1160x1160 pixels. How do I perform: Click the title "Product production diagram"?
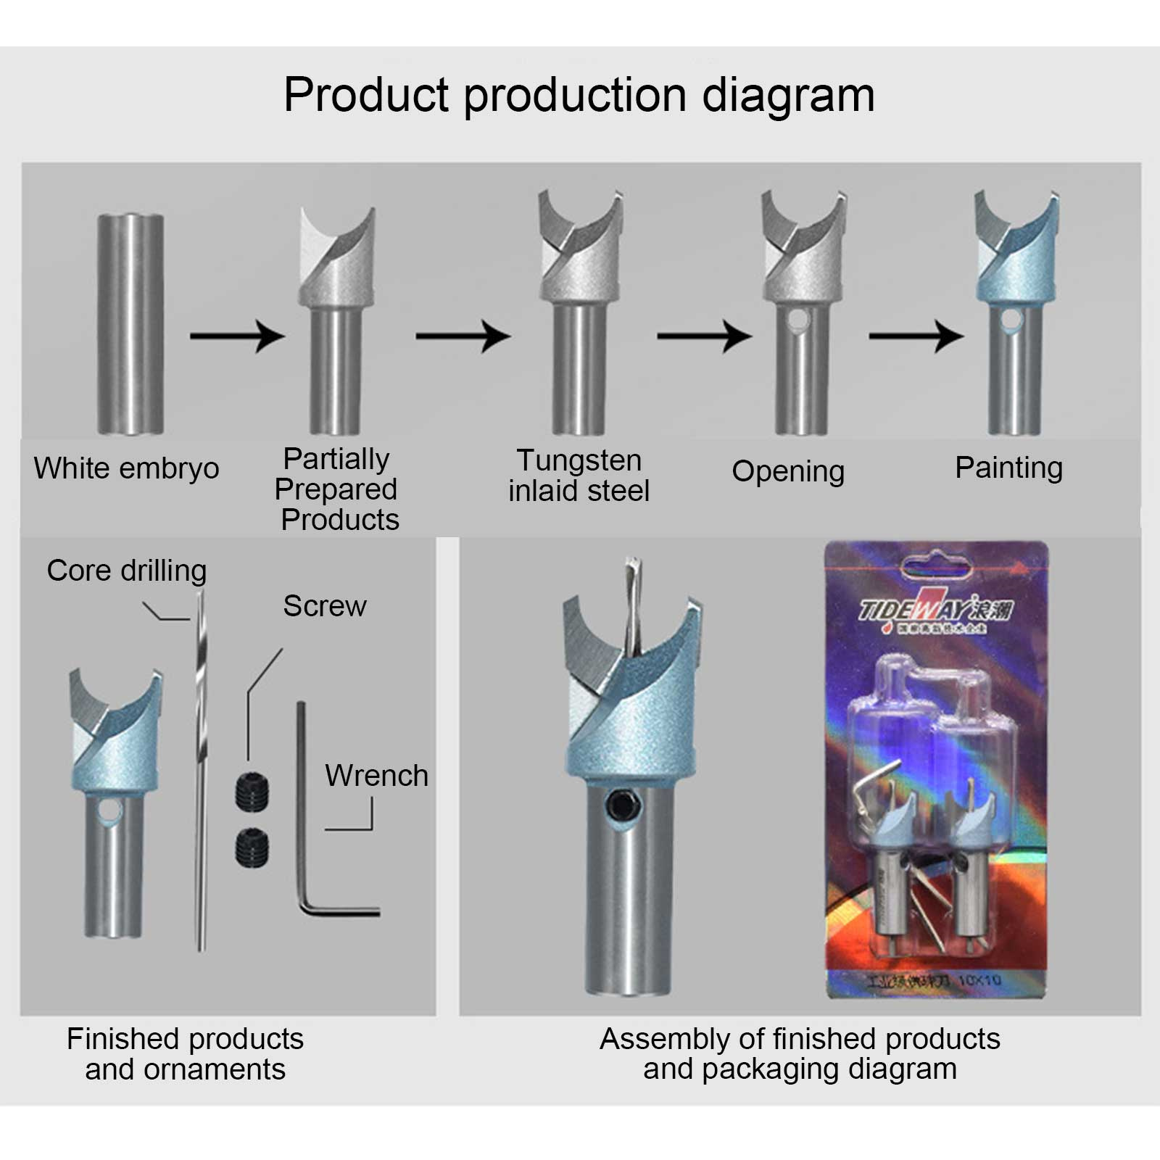[579, 95]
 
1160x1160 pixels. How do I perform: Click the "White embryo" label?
[126, 468]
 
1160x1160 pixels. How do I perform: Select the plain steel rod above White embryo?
[130, 323]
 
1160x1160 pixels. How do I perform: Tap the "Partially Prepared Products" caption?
[338, 489]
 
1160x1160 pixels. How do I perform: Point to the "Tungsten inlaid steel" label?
[579, 476]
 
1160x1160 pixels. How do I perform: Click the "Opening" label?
[788, 471]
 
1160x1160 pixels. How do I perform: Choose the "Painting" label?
[1008, 468]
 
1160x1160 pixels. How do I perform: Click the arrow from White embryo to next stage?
[236, 336]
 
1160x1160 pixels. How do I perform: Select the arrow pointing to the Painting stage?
[916, 336]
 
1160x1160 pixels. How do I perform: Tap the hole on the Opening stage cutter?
[797, 319]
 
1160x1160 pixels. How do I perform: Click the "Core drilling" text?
[127, 571]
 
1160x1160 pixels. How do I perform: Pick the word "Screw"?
[324, 606]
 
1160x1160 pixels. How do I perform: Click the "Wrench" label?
[376, 776]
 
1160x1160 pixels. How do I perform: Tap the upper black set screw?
[252, 791]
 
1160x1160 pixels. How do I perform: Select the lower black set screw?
[252, 847]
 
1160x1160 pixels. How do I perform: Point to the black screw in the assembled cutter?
[621, 805]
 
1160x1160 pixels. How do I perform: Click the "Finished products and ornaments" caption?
[185, 1054]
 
